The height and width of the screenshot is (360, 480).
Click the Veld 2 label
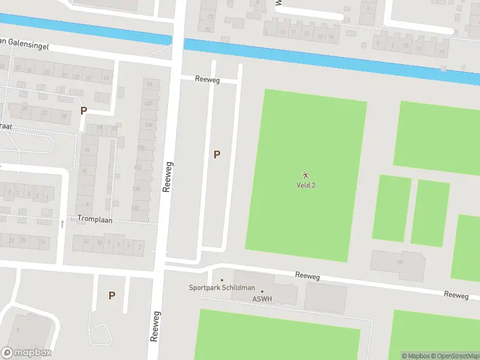(306, 185)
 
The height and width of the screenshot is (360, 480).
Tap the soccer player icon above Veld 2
(306, 175)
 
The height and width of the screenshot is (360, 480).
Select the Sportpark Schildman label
(221, 287)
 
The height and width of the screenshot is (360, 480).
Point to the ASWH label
(262, 298)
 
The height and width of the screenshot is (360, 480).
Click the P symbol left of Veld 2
(217, 154)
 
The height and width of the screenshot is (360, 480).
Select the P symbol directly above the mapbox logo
(112, 295)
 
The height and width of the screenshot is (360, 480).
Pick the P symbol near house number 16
(83, 110)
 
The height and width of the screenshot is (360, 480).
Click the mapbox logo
(26, 353)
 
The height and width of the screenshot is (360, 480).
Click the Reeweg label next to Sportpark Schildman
(307, 276)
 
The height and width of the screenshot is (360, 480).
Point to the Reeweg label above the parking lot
(207, 79)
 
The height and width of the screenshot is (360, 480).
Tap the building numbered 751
(398, 263)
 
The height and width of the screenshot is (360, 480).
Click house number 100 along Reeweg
(148, 104)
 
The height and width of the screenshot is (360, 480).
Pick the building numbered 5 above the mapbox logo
(19, 330)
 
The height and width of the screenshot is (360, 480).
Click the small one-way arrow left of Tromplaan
(62, 224)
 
